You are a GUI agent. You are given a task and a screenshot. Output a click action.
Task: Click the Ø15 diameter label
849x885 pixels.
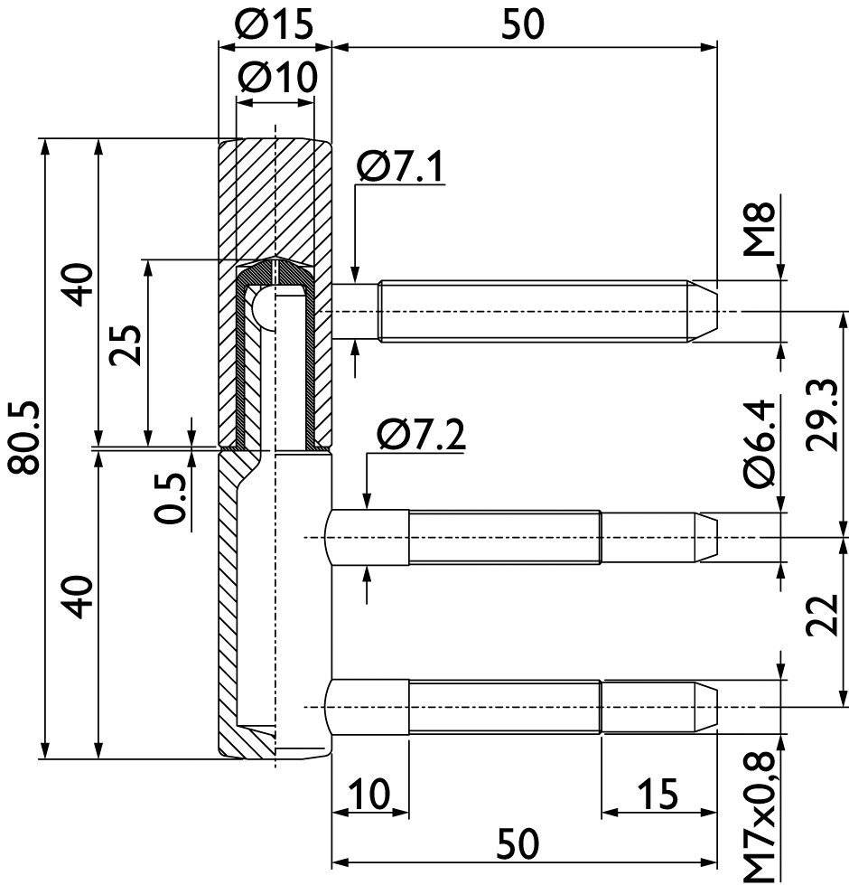tap(275, 25)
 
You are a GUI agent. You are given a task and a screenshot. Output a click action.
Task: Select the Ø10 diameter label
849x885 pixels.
tap(277, 79)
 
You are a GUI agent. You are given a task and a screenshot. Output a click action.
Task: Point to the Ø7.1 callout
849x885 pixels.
tap(401, 166)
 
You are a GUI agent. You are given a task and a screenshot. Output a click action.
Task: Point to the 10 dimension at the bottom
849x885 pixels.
tap(369, 794)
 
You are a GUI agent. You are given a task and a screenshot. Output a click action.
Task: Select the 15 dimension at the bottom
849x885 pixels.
tap(657, 794)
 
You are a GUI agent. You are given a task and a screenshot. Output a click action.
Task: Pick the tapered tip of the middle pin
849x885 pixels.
tap(706, 537)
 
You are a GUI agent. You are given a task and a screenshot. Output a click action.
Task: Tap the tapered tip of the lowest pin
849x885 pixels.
tap(706, 706)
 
